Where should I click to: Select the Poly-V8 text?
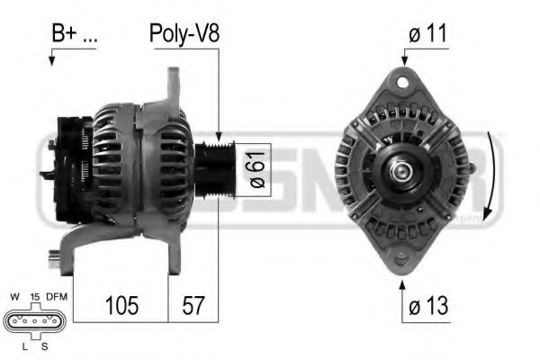184,34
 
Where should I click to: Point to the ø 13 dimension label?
427,306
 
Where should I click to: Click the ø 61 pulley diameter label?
256,168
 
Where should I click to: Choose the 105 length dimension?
121,306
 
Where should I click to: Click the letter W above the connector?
13,295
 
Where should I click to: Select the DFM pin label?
58,295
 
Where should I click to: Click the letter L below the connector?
20,346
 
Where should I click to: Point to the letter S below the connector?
42,346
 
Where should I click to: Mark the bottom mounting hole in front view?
402,255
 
